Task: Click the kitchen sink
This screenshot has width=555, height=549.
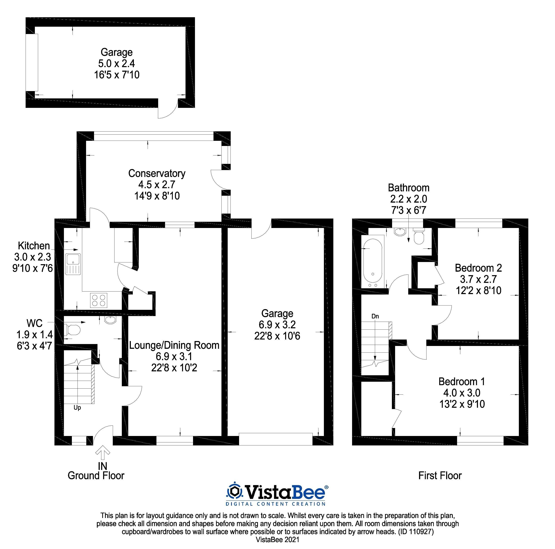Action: pyautogui.click(x=73, y=264)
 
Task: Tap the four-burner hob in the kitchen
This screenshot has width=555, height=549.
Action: pyautogui.click(x=99, y=300)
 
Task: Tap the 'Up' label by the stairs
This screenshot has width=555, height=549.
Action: pyautogui.click(x=77, y=408)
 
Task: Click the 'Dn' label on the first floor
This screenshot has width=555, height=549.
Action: pyautogui.click(x=375, y=316)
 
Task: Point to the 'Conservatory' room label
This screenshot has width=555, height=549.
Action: pyautogui.click(x=157, y=173)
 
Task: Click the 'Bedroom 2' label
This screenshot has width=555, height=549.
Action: pyautogui.click(x=478, y=268)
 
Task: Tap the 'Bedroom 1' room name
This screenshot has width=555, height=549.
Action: pyautogui.click(x=462, y=382)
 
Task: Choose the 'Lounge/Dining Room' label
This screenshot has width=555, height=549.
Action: pyautogui.click(x=174, y=345)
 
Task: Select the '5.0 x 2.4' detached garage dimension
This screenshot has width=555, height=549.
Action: pyautogui.click(x=117, y=63)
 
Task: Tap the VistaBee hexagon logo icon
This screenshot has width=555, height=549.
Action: pyautogui.click(x=235, y=492)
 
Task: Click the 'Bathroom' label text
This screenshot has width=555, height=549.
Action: pyautogui.click(x=408, y=188)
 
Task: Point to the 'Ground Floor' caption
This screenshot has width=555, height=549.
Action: pyautogui.click(x=96, y=476)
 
